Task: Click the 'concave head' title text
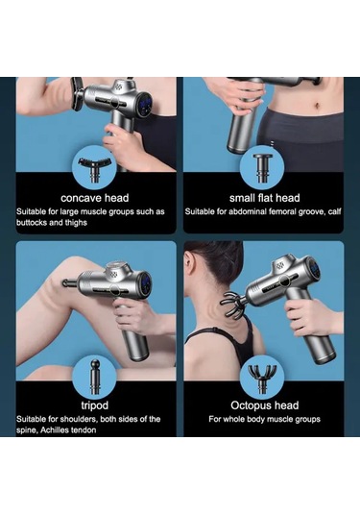point(95,198)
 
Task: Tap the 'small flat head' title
point(265,198)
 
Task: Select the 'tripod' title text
point(95,405)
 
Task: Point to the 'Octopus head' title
point(265,405)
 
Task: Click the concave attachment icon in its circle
point(95,168)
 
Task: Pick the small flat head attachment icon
point(263,168)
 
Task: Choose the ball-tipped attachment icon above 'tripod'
point(95,377)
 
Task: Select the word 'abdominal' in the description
point(248,211)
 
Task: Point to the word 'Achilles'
point(55,430)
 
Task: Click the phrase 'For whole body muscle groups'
point(264,419)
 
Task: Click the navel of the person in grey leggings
point(317,106)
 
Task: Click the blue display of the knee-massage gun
point(146,281)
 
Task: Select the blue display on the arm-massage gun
point(144,105)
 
